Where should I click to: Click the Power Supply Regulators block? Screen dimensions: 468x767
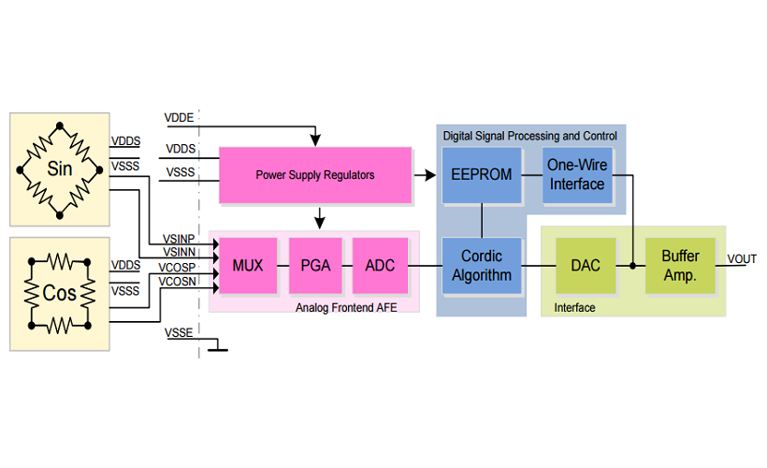click(315, 175)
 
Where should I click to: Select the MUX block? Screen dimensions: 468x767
click(248, 266)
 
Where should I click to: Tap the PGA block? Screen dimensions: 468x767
click(315, 266)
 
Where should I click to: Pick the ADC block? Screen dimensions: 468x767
click(380, 266)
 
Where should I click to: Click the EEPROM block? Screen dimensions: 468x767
click(481, 175)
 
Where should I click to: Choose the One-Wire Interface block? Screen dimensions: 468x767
click(576, 175)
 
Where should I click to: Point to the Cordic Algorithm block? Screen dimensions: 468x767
click(481, 266)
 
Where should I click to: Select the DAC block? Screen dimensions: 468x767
click(586, 266)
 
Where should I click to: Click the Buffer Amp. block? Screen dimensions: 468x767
click(680, 266)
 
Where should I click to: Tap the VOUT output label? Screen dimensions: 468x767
click(742, 258)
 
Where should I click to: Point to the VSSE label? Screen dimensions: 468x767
click(179, 332)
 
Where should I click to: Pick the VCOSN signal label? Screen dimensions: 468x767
click(179, 280)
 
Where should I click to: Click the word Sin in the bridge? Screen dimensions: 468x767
click(59, 169)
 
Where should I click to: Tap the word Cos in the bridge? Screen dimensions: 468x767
click(59, 292)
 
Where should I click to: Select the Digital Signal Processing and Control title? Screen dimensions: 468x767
click(529, 136)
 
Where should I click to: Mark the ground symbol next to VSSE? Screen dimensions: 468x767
click(218, 348)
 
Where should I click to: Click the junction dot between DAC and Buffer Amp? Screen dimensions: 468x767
click(633, 266)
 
